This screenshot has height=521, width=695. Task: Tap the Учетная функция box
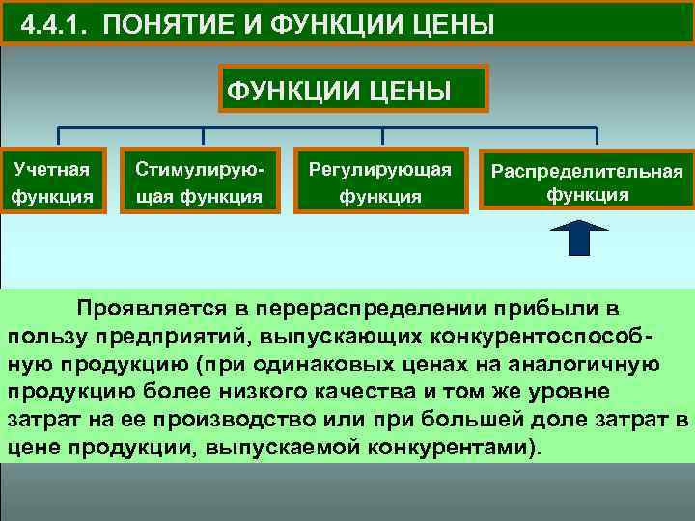[52, 181]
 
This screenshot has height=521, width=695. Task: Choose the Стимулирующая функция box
[199, 181]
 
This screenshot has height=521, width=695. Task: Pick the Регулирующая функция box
[379, 181]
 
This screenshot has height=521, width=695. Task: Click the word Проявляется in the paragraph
[150, 309]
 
